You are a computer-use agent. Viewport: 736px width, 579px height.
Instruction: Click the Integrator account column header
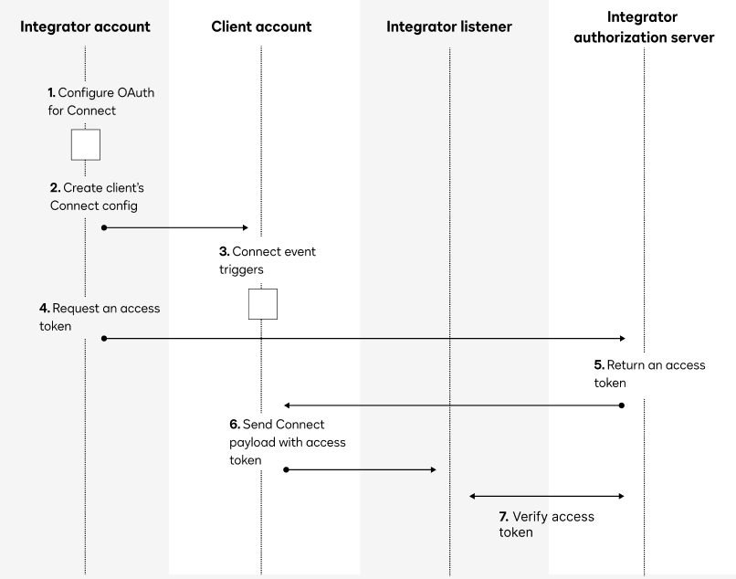(x=85, y=26)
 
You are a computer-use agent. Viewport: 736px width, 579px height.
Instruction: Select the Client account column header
(x=260, y=26)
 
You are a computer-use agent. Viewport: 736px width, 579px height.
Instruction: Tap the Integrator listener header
(x=449, y=26)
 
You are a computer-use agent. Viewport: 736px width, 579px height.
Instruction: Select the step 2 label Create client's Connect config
(x=97, y=196)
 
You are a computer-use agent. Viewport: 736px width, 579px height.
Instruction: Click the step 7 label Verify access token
(x=546, y=523)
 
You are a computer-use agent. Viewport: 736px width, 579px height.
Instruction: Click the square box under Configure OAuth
(x=85, y=145)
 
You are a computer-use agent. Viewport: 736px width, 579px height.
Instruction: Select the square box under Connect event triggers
(x=262, y=304)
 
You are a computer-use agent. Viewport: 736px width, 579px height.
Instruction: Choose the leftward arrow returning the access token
(x=454, y=405)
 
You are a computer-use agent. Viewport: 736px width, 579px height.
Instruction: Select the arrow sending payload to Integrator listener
(x=361, y=469)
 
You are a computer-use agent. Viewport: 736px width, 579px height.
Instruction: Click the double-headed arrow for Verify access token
(x=546, y=496)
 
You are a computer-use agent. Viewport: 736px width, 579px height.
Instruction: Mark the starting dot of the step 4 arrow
(x=104, y=338)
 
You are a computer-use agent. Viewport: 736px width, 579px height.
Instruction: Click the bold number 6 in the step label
(x=234, y=426)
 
